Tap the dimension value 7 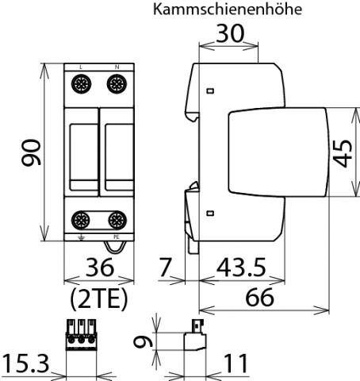tap(165, 267)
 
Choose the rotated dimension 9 tap(142, 343)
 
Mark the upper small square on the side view tap(209, 91)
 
